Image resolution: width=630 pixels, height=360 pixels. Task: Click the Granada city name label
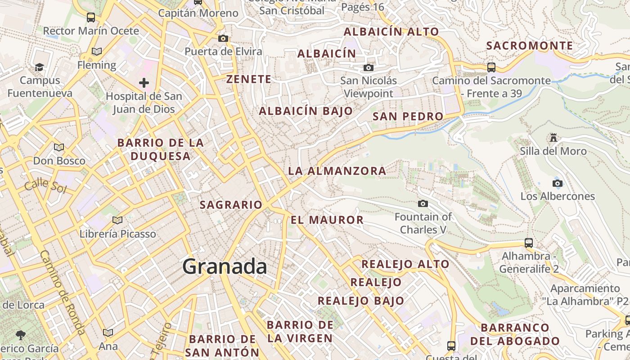[x=225, y=267]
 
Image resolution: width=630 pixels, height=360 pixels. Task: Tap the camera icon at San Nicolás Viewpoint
[x=369, y=67]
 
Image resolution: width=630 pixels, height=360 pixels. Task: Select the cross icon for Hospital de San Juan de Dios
[x=144, y=83]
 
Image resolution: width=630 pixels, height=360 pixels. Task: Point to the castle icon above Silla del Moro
[x=553, y=138]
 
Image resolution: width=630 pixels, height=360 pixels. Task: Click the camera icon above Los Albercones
[x=558, y=183]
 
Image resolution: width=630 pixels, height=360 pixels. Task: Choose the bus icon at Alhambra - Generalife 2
[x=529, y=243]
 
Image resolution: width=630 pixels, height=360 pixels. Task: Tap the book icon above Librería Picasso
[x=117, y=220]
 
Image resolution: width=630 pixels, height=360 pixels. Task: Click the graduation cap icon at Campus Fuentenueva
[x=40, y=67]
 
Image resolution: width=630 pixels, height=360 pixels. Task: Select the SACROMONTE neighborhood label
[x=530, y=46]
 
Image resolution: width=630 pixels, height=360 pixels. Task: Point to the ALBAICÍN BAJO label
[x=306, y=111]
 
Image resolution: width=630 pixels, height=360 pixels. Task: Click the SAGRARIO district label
[x=231, y=205]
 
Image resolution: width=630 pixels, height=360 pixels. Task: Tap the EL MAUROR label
[x=327, y=220]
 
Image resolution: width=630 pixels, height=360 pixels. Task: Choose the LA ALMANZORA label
[x=337, y=171]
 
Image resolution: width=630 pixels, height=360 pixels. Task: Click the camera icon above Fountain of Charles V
[x=423, y=204]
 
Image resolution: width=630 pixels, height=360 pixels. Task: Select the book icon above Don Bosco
[x=59, y=147]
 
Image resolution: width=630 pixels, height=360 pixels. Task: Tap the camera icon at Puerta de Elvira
[x=223, y=38]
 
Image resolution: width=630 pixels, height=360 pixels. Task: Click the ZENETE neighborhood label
[x=249, y=79]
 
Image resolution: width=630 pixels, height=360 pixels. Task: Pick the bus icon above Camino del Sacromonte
[x=491, y=67]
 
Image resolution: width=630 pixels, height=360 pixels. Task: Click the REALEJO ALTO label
[x=405, y=264]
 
